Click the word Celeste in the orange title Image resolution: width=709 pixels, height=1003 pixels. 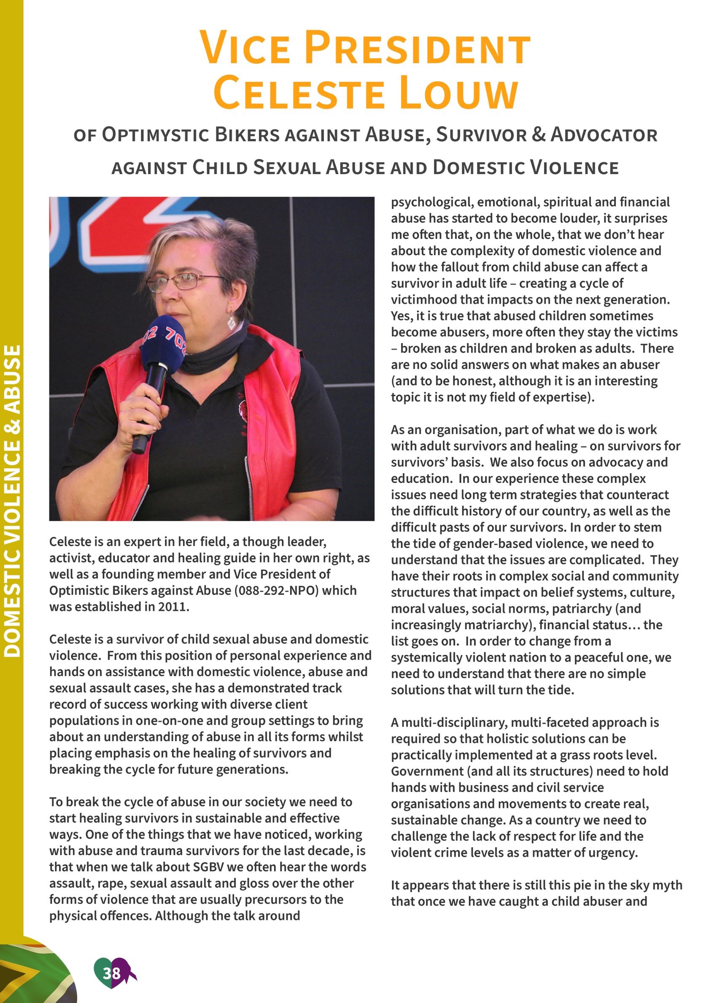299,93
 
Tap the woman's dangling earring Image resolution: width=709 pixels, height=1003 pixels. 231,322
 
